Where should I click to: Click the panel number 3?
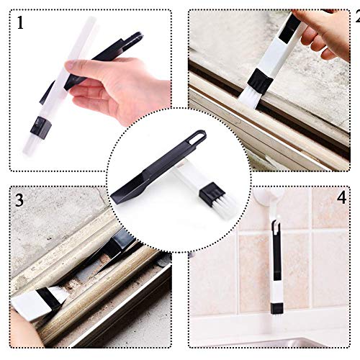point(19,200)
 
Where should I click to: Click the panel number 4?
point(341,199)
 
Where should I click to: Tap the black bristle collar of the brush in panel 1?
point(41,128)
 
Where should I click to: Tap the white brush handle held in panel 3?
point(27,305)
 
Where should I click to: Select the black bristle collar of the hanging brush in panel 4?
point(276,308)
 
